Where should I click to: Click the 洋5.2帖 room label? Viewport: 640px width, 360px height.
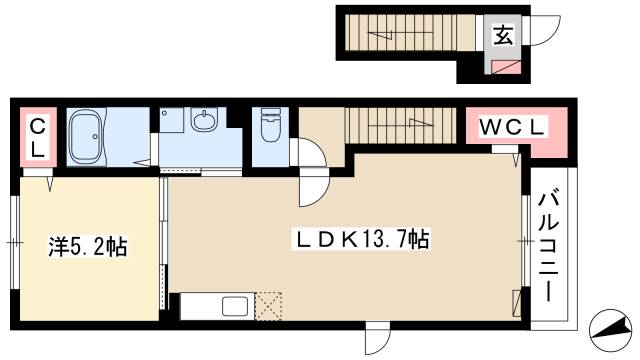coord(89,246)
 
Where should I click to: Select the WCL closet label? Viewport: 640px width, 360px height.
coord(514,129)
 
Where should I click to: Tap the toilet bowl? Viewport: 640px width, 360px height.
coord(270,128)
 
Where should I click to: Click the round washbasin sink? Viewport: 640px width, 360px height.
coord(206,123)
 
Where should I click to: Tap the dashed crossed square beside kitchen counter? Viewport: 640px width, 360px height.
coord(271,305)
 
